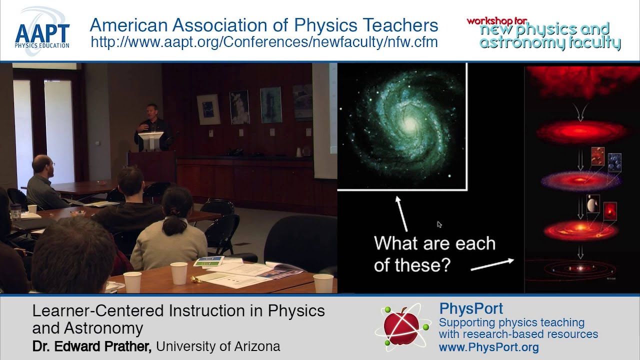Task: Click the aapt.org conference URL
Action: coord(264,42)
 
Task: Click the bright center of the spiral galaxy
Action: coord(409,124)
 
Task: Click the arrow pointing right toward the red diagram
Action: coord(492,264)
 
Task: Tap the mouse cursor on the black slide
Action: coord(439,224)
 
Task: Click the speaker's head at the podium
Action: coord(151,110)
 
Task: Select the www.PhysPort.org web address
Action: coord(488,347)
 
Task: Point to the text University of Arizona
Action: coord(218,346)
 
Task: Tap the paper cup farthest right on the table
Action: coord(323,283)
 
